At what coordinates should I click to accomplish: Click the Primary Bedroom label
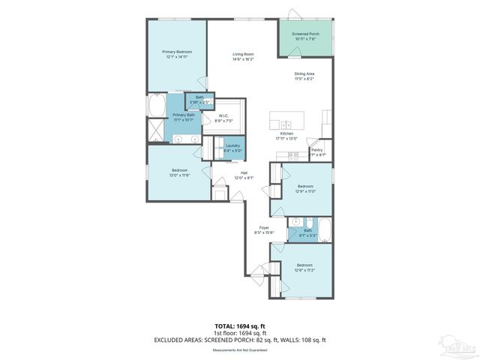click(177, 52)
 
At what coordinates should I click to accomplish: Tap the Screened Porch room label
click(305, 34)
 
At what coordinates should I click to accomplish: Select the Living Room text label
click(242, 54)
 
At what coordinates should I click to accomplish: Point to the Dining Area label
click(304, 73)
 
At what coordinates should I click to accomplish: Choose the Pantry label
click(317, 150)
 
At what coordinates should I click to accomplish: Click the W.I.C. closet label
click(223, 115)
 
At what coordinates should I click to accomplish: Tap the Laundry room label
click(232, 146)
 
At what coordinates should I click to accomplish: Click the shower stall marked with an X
click(156, 131)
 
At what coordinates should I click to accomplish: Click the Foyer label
click(264, 227)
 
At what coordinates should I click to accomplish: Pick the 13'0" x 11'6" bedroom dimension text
click(179, 175)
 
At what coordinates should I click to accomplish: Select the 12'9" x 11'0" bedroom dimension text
click(304, 191)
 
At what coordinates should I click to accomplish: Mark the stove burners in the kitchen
click(293, 155)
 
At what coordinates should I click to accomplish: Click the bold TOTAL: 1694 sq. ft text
click(240, 327)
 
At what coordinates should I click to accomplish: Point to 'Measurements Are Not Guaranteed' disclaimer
click(240, 350)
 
